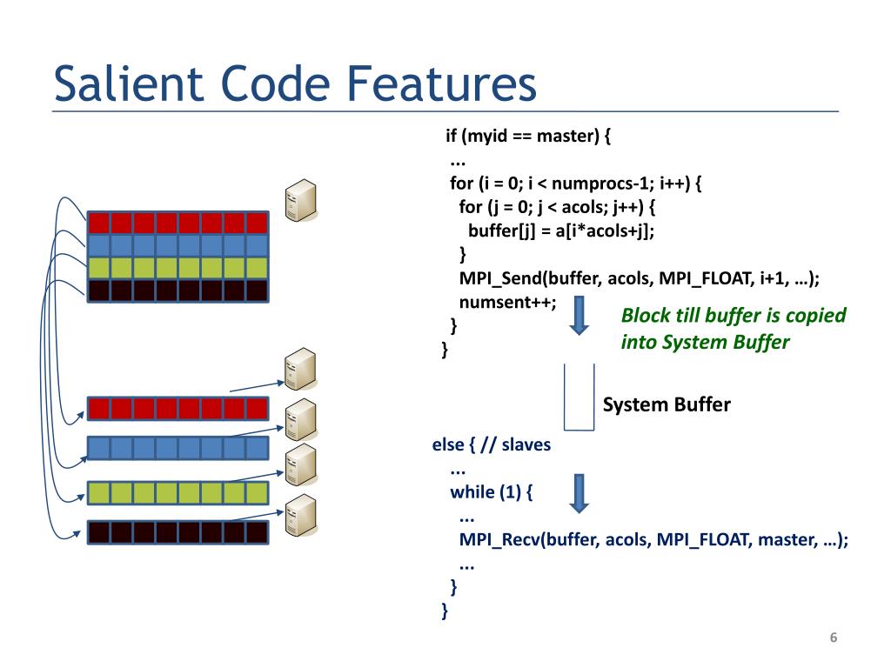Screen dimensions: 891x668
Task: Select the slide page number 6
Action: click(833, 638)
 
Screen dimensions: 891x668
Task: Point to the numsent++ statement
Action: click(507, 302)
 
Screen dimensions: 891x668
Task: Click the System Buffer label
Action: click(667, 404)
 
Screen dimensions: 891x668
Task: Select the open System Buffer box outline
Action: click(579, 430)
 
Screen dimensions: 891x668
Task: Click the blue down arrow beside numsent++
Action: click(579, 315)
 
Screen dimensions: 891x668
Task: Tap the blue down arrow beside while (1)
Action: click(579, 494)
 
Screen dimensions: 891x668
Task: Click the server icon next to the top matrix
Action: click(300, 200)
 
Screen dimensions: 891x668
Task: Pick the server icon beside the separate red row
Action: click(300, 369)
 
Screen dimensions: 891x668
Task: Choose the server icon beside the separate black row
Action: click(300, 516)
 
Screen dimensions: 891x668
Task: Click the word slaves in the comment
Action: click(526, 444)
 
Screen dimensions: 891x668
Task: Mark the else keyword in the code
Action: click(448, 444)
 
